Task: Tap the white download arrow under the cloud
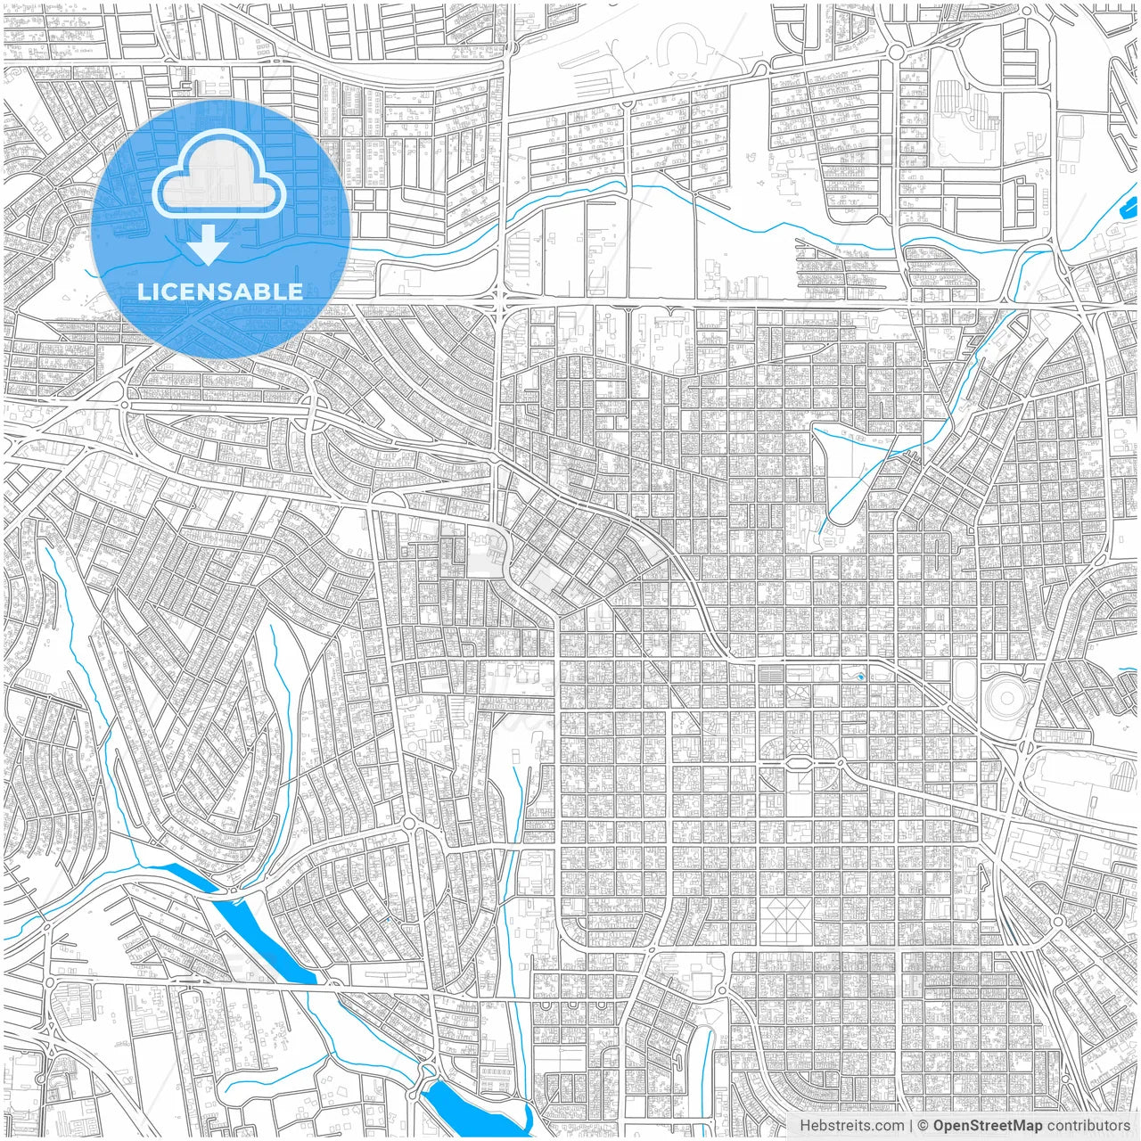click(x=208, y=245)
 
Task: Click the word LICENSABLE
click(x=220, y=291)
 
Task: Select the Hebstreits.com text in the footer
click(x=851, y=1126)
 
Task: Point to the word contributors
click(x=1088, y=1126)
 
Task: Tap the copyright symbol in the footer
click(x=923, y=1126)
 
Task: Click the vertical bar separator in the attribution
click(x=911, y=1126)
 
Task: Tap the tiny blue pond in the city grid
click(x=860, y=677)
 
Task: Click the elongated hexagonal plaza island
click(x=799, y=763)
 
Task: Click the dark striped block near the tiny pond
click(x=772, y=675)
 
